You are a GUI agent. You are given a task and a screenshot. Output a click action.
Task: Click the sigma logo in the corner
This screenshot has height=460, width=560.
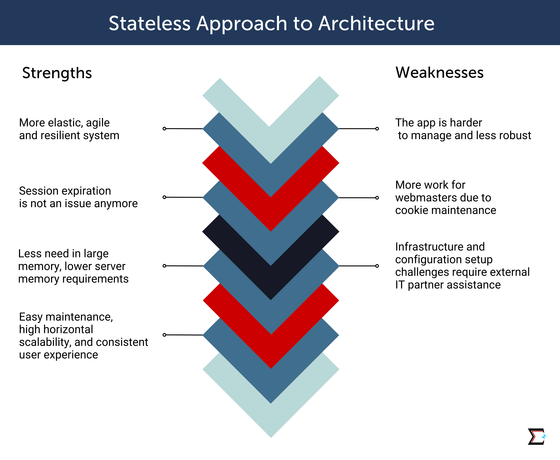pos(537,436)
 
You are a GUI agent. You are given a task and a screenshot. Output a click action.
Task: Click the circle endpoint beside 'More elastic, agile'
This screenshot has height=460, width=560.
pos(164,129)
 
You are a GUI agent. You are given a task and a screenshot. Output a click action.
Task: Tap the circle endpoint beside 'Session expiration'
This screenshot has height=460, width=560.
pos(164,197)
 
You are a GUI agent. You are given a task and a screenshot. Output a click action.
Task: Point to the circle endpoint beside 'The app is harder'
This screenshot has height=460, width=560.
pos(377,129)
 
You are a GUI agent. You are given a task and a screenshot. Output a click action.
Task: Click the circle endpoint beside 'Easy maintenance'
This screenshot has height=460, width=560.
pos(164,335)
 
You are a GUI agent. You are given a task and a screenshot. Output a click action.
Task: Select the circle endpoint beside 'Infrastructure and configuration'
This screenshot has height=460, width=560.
pos(377,266)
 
